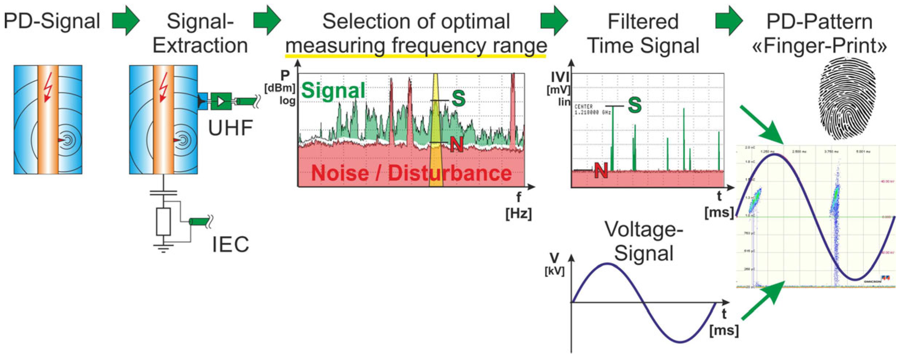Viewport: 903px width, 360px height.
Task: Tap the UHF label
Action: [230, 128]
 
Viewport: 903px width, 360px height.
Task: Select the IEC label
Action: [231, 245]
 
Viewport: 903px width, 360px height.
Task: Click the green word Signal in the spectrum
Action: [333, 90]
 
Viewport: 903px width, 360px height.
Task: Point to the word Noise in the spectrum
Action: [340, 173]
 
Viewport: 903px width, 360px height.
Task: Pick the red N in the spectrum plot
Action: [456, 145]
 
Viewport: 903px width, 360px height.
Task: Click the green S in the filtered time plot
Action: [635, 105]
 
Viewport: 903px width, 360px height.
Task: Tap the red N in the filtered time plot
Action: [601, 170]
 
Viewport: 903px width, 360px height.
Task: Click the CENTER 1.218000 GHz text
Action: [592, 109]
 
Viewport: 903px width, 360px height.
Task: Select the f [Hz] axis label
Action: [519, 206]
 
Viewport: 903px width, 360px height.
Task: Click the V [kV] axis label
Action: [554, 264]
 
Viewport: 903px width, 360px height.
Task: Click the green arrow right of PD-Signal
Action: [126, 20]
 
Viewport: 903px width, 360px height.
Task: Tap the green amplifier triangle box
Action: [221, 101]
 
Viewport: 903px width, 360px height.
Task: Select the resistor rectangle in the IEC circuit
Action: [163, 221]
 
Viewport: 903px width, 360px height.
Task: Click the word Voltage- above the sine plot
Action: [644, 230]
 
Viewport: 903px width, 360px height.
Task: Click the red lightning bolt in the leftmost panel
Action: [48, 88]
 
